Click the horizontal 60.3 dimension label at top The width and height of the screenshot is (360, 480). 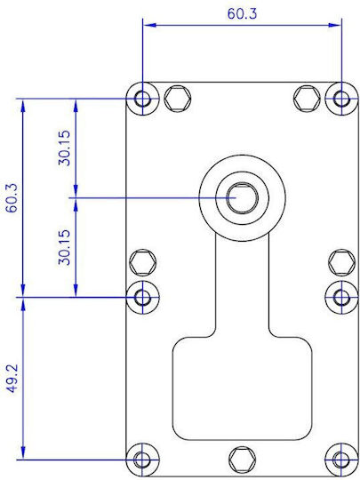pyautogui.click(x=242, y=14)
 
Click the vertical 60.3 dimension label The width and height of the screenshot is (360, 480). pyautogui.click(x=12, y=198)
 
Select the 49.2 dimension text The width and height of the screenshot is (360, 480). pyautogui.click(x=12, y=379)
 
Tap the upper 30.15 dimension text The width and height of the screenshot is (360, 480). pyautogui.click(x=65, y=148)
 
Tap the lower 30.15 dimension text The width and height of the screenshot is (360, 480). pyautogui.click(x=65, y=247)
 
